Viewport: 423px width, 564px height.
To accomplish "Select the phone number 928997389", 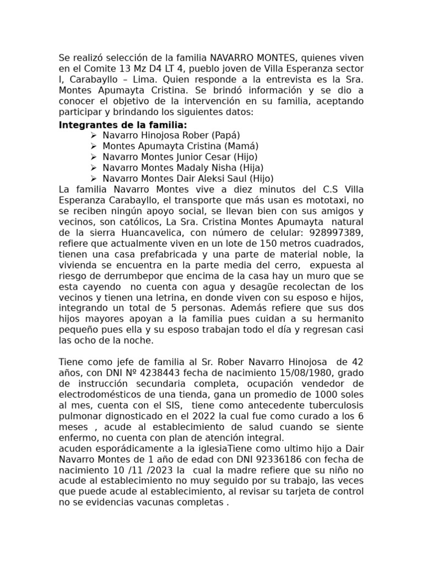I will tap(335, 232).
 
